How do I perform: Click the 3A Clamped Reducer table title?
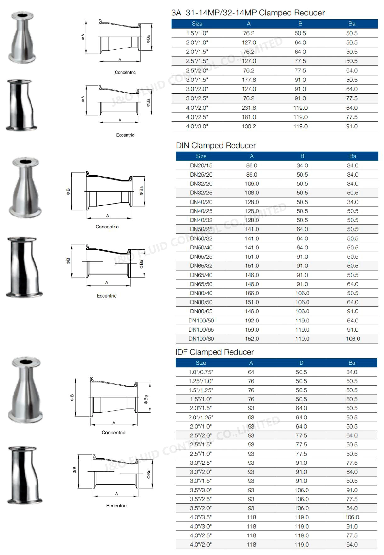(x=248, y=13)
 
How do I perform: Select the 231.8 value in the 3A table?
(x=249, y=108)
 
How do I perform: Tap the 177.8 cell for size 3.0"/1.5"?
(x=249, y=80)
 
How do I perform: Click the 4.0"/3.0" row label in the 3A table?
(x=197, y=126)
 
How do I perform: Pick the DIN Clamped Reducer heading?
(x=216, y=145)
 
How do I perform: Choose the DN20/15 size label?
(x=201, y=165)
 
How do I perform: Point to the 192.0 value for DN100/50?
(x=252, y=321)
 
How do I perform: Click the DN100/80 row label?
(x=201, y=339)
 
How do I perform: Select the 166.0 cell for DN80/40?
(x=252, y=293)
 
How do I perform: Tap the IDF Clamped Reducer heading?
(x=215, y=352)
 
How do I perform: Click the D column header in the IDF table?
(x=301, y=363)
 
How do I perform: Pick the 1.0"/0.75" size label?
(x=201, y=372)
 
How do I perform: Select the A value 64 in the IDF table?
(x=251, y=372)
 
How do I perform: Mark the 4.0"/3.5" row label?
(x=201, y=517)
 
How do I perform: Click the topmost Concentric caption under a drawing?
(x=125, y=72)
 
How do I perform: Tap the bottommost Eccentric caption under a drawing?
(x=116, y=506)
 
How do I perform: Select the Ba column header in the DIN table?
(x=353, y=156)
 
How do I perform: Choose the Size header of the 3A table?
(x=197, y=24)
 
